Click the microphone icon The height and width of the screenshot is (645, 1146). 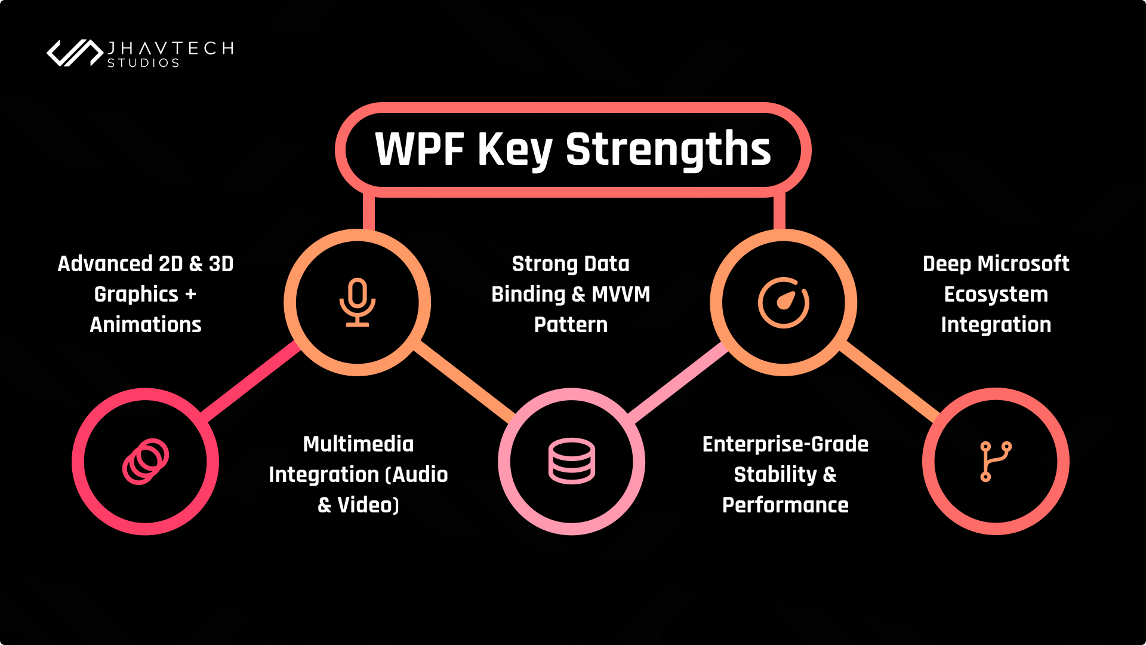357,302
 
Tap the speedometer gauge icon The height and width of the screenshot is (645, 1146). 783,302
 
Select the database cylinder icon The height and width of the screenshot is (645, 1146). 571,461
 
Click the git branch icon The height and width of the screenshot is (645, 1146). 995,461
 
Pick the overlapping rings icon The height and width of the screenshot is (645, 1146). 146,461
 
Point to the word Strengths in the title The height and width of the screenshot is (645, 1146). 668,149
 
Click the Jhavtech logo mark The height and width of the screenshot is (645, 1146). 75,53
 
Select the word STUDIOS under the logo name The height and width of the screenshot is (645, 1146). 143,63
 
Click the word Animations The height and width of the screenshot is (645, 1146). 146,325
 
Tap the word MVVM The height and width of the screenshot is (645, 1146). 621,294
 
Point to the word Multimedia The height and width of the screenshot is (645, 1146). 358,444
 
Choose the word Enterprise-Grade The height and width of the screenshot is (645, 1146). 785,444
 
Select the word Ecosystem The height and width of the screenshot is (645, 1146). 996,294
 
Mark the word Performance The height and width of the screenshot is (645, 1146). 785,505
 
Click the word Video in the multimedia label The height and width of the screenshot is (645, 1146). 366,505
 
